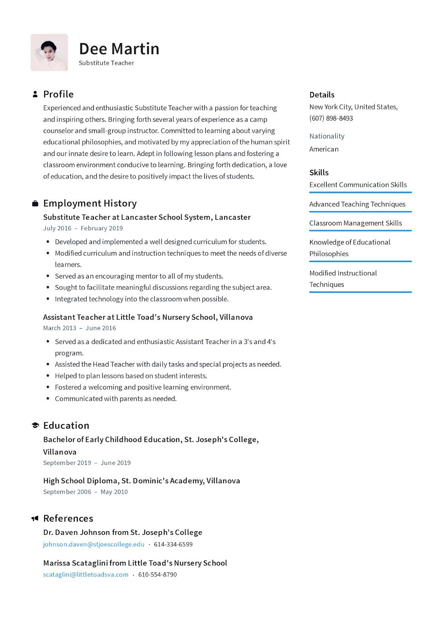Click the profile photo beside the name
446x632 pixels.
point(49,53)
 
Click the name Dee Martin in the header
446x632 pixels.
point(119,49)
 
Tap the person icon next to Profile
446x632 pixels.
point(35,94)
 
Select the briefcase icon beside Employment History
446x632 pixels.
point(35,203)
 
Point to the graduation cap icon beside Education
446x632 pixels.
point(35,425)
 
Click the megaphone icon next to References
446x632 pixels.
point(35,518)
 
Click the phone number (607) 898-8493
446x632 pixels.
point(331,118)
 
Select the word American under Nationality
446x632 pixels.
point(324,149)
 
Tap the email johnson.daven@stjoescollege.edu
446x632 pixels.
point(94,544)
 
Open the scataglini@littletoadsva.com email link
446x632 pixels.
point(86,575)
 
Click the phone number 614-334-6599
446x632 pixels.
point(173,544)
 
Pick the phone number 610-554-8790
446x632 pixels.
point(157,575)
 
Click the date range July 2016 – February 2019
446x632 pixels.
point(83,228)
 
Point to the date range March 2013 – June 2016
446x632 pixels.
point(79,328)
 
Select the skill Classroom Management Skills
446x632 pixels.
point(355,223)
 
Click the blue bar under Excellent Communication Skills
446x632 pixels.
point(360,193)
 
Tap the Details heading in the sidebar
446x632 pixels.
point(322,95)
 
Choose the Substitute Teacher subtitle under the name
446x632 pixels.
point(106,63)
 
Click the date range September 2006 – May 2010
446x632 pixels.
point(85,492)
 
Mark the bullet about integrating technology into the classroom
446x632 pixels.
point(141,299)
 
